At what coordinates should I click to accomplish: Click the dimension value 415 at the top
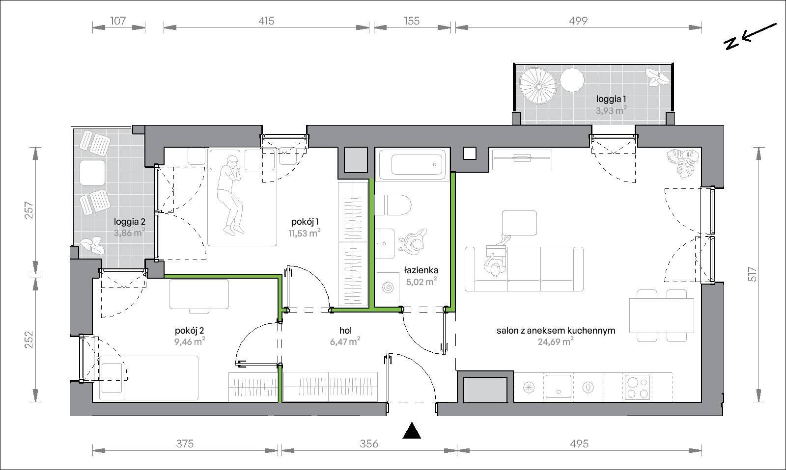coord(266,21)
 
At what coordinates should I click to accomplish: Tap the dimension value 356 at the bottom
coord(369,444)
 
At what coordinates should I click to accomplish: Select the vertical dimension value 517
coord(752,274)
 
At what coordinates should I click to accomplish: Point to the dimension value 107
coord(118,21)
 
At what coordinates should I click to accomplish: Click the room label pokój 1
coord(305,222)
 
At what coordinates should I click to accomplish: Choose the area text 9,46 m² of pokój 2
coord(190,341)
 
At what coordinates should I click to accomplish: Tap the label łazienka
coord(421,270)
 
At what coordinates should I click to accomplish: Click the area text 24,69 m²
coord(556,341)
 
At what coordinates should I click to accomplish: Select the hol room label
coord(346,330)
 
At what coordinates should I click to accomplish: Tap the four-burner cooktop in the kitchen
coord(637,387)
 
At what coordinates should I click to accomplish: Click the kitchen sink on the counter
coord(558,386)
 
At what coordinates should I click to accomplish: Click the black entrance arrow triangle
coord(412,431)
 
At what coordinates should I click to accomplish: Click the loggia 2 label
coord(130,222)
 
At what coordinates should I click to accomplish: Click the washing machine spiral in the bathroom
coord(388,288)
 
